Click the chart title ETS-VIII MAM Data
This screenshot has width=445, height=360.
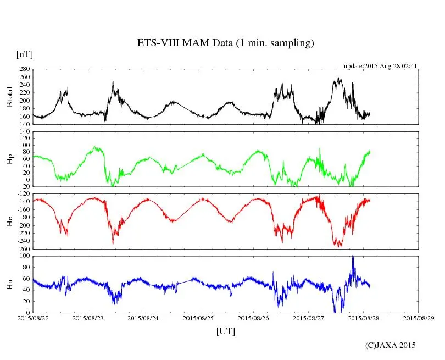pyautogui.click(x=225, y=43)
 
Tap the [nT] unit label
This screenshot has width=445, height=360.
pyautogui.click(x=24, y=54)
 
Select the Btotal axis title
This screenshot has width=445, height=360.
pyautogui.click(x=9, y=97)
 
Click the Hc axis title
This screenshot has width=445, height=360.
pyautogui.click(x=9, y=221)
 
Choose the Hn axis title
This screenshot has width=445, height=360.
pyautogui.click(x=9, y=284)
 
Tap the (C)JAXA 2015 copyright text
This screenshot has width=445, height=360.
pyautogui.click(x=391, y=345)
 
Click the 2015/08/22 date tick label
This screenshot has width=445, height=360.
pyautogui.click(x=32, y=318)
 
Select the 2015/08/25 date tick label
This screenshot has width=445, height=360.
pyautogui.click(x=198, y=318)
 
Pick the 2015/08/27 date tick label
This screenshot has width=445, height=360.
pyautogui.click(x=309, y=318)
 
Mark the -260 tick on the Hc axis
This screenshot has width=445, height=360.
pyautogui.click(x=23, y=249)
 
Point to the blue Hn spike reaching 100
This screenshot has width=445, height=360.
pyautogui.click(x=353, y=257)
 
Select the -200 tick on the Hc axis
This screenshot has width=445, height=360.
pyautogui.click(x=23, y=225)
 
